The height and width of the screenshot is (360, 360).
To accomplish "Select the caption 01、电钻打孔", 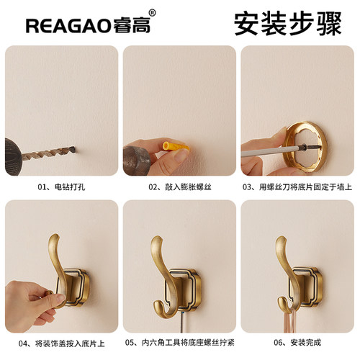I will point(60,186).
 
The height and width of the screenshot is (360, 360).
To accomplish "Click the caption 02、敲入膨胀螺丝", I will point(179,186).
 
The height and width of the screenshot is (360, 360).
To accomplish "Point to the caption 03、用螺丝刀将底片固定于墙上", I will point(297,186).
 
